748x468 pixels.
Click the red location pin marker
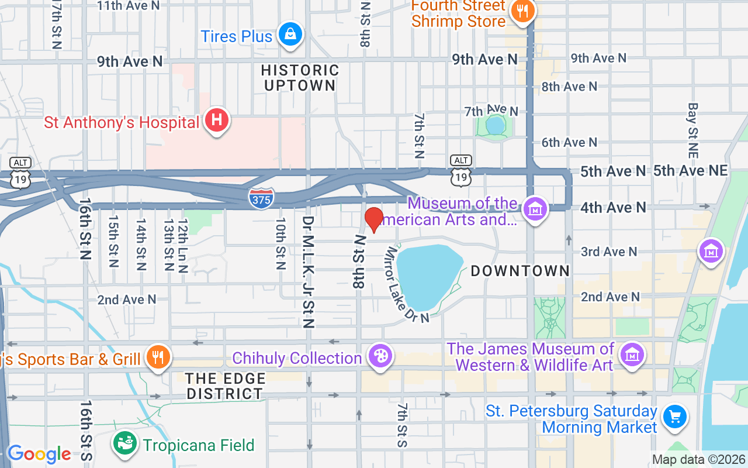click(x=374, y=219)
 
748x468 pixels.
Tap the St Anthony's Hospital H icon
click(x=216, y=121)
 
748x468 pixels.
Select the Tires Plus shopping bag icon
click(x=290, y=34)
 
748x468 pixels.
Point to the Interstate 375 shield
click(x=261, y=198)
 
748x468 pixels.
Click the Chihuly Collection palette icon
click(x=380, y=356)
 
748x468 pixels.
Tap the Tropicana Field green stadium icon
click(x=124, y=443)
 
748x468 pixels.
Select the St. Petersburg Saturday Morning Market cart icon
click(x=675, y=417)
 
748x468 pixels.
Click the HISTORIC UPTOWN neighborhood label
click(x=300, y=78)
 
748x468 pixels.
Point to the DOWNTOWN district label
click(x=520, y=271)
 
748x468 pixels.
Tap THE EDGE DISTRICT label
click(x=225, y=386)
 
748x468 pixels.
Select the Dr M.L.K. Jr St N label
click(x=308, y=272)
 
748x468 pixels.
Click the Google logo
click(x=39, y=454)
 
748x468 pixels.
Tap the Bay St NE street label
click(x=693, y=130)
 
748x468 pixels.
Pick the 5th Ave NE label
click(x=690, y=170)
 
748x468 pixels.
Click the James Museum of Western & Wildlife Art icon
click(x=632, y=355)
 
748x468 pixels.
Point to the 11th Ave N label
click(x=128, y=5)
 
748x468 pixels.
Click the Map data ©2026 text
click(x=698, y=460)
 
